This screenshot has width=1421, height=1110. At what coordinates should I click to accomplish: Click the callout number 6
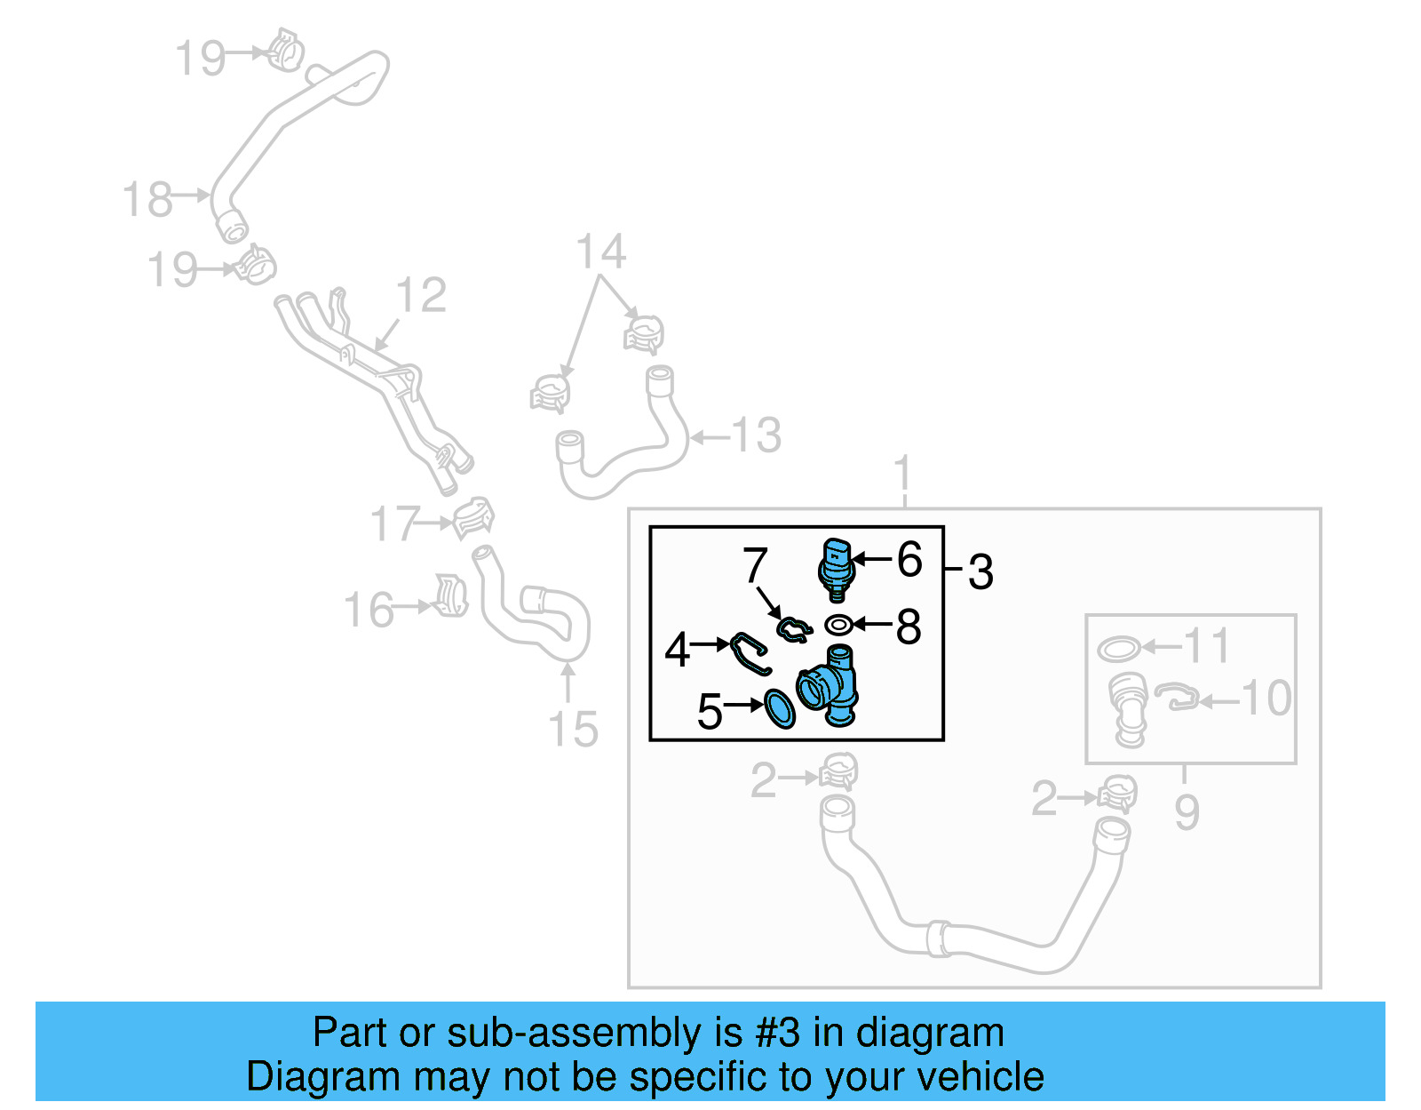pos(909,560)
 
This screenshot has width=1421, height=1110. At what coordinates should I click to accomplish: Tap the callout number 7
pos(755,565)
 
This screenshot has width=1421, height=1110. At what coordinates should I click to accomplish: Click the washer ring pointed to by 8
pos(838,626)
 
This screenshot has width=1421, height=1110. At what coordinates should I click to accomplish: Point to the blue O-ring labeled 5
pos(779,708)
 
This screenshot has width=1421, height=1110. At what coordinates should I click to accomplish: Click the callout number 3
pos(980,571)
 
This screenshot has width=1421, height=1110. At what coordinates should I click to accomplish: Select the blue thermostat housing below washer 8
pos(830,687)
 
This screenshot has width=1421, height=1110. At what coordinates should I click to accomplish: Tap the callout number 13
pos(757,435)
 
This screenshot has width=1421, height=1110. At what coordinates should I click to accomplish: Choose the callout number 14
pos(601,252)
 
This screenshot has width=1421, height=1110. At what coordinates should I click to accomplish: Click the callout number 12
pos(421,295)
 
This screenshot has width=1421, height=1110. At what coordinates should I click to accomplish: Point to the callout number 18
pos(147,199)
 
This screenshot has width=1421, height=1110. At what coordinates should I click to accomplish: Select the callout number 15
pos(573,730)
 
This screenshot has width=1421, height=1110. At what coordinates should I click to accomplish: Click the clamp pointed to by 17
pos(472,519)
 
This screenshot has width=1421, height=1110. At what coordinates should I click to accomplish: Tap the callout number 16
pos(369,611)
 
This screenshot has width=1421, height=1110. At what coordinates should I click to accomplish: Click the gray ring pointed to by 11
pos(1118,649)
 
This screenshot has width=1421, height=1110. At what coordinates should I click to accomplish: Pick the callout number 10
pos(1266,699)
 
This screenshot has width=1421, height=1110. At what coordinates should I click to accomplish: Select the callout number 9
pos(1187,812)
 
